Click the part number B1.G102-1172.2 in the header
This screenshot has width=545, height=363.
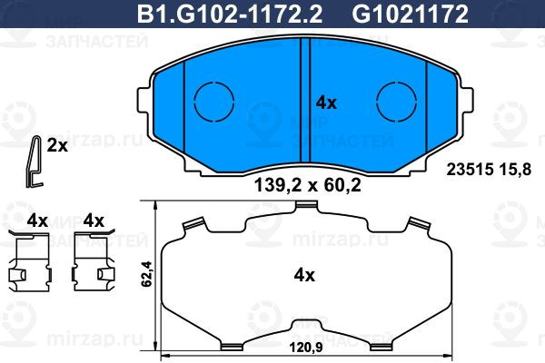click(x=230, y=14)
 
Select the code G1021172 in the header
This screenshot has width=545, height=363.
click(x=411, y=14)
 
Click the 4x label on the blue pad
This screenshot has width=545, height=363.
click(x=326, y=103)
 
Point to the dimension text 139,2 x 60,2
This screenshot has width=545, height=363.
click(x=308, y=185)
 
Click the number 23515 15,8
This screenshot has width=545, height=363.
click(x=489, y=170)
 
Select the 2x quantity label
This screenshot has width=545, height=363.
click(x=57, y=146)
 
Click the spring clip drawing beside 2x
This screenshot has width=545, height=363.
click(x=35, y=162)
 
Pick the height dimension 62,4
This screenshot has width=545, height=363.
click(x=146, y=274)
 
